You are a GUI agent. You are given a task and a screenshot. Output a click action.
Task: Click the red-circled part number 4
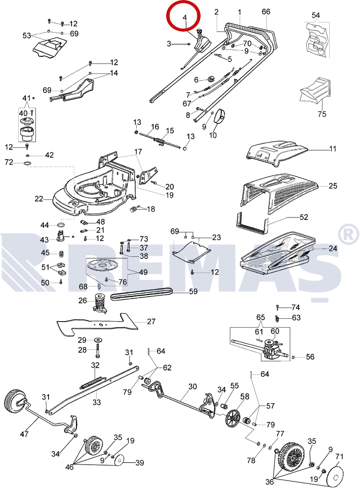coord(185,17)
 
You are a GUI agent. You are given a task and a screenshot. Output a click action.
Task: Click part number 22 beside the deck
coord(39,199)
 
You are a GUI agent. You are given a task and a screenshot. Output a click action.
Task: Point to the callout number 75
coord(322,114)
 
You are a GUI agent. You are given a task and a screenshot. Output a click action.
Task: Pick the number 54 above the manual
coord(315,15)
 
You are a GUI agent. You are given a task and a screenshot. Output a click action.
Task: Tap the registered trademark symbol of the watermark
coord(349,234)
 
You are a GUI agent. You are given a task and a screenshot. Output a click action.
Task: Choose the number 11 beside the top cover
coord(333,148)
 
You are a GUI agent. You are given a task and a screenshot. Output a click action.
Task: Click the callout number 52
coord(304,217)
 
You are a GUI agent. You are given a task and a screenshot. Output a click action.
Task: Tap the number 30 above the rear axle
coord(192,386)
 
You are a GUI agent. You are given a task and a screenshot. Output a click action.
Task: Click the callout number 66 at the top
coord(266,12)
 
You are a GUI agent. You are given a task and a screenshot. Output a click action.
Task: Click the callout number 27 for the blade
coord(151,322)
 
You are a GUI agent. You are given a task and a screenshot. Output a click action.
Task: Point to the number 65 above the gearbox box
coord(261,317)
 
